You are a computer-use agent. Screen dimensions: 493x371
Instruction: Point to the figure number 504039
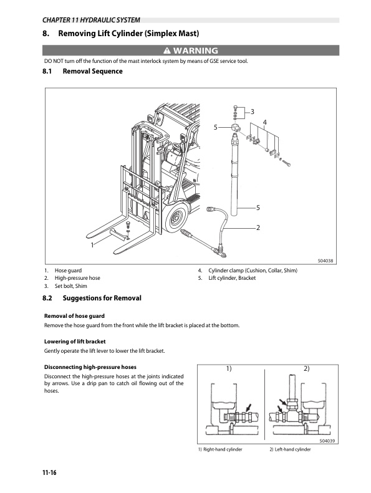tap(328, 441)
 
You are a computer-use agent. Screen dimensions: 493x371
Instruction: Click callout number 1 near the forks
tap(92, 246)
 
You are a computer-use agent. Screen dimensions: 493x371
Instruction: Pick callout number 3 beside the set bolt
tap(252, 112)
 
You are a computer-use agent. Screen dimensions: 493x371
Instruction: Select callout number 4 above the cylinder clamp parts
tap(265, 121)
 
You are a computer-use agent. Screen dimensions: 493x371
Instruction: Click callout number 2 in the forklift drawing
tap(257, 227)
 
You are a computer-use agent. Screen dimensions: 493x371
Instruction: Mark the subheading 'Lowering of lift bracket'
tap(74, 342)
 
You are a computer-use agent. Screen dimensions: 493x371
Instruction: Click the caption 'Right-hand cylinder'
tap(221, 450)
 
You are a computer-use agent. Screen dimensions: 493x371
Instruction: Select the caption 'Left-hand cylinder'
tap(292, 450)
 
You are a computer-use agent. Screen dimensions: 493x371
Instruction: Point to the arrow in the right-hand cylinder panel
tap(248, 408)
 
